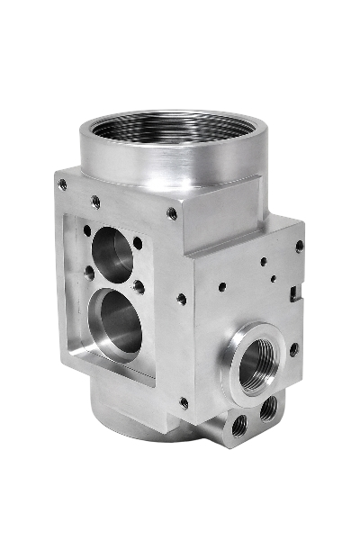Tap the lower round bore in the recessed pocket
click(x=120, y=321)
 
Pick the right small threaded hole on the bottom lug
click(x=268, y=409)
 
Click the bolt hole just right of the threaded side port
click(x=293, y=349)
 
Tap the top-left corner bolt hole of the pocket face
click(x=62, y=184)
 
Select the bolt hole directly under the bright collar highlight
click(x=171, y=213)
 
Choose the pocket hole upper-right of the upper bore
click(x=137, y=242)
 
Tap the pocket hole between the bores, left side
click(x=89, y=270)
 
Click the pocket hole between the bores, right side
click(x=139, y=287)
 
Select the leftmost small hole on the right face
click(x=221, y=287)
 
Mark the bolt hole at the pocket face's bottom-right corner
click(x=184, y=402)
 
